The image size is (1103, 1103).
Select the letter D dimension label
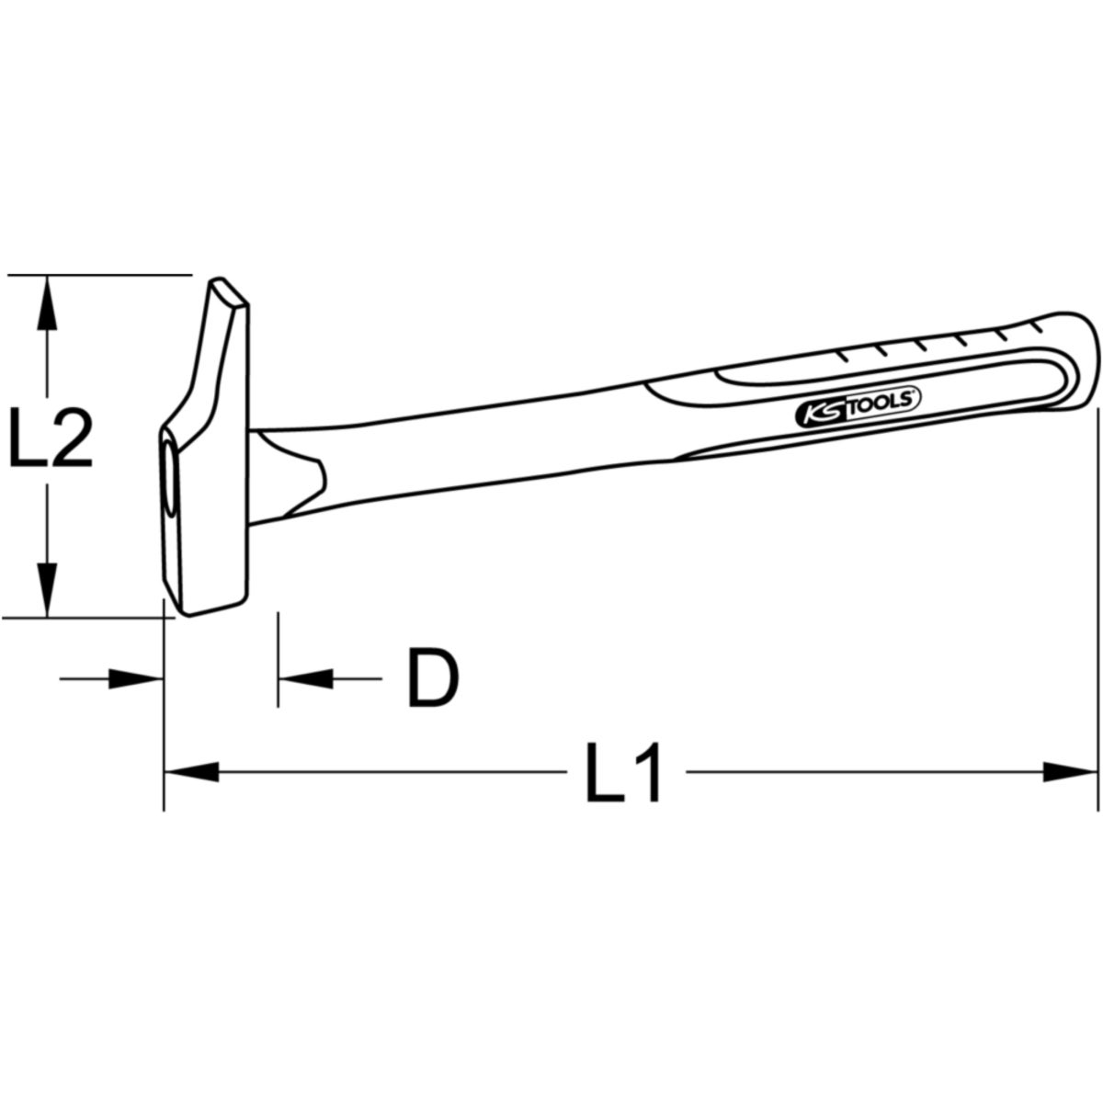tap(433, 677)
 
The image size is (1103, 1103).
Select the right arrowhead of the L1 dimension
tap(1069, 771)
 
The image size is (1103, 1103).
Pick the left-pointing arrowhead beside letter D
tap(305, 679)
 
